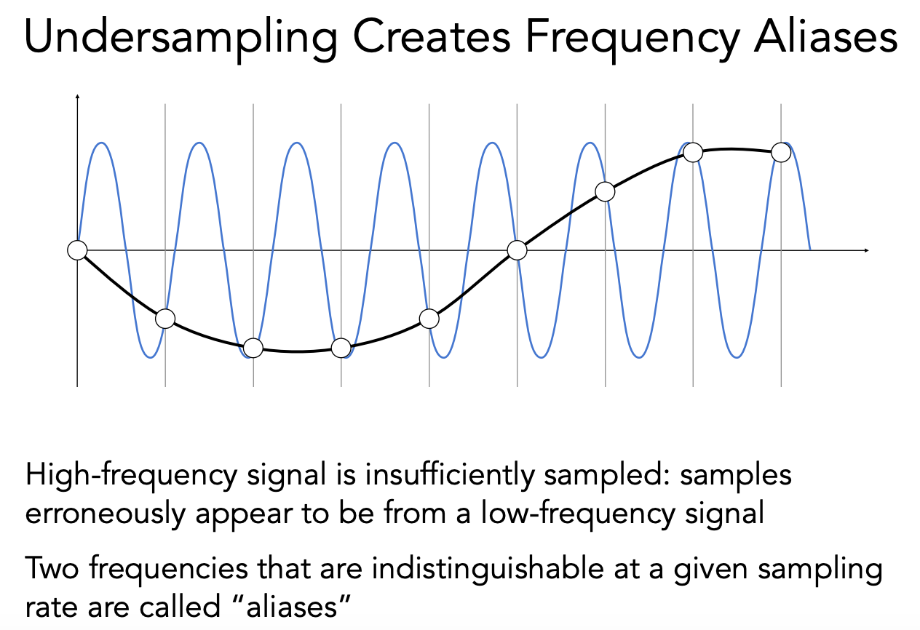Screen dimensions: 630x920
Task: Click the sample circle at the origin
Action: point(76,250)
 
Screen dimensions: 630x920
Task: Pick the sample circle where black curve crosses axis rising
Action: point(517,250)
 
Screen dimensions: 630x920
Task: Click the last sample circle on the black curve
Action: point(781,152)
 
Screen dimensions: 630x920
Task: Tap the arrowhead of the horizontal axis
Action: point(866,250)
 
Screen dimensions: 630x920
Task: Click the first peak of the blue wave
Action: point(102,143)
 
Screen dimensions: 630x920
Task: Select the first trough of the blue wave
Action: point(151,356)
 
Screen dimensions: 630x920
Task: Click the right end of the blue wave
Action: point(809,249)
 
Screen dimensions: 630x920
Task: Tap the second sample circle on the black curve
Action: point(165,319)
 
